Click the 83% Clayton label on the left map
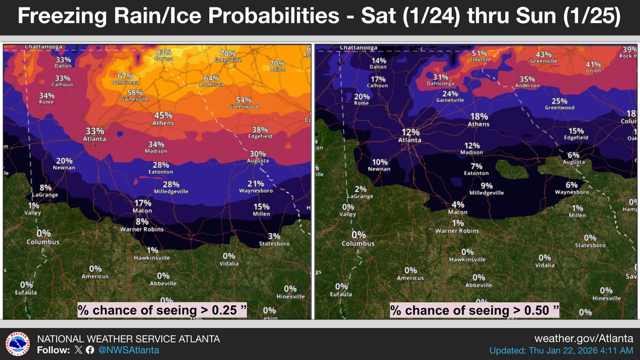tap(164, 55)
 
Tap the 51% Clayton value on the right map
tap(479, 56)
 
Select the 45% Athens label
tap(163, 119)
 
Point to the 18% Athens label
tap(478, 120)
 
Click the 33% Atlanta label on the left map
tap(94, 134)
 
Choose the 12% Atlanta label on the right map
tap(410, 135)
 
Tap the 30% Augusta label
tap(258, 157)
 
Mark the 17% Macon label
tap(143, 206)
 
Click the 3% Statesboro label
tap(274, 239)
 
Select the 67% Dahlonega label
tap(125, 79)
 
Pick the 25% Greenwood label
tap(559, 104)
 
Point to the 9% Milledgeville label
tap(486, 189)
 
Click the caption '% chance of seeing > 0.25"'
tap(162, 310)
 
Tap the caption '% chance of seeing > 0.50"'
tap(475, 310)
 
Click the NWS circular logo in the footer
tap(18, 344)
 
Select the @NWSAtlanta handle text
tap(129, 350)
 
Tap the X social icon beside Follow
tap(78, 350)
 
